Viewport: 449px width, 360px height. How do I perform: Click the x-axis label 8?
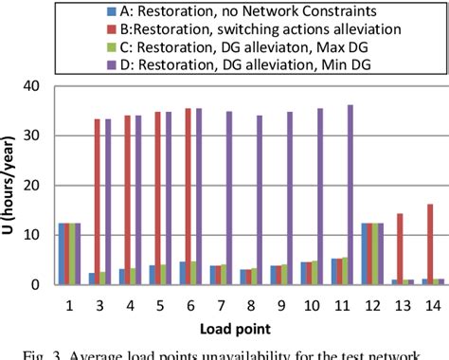tap(250, 303)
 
